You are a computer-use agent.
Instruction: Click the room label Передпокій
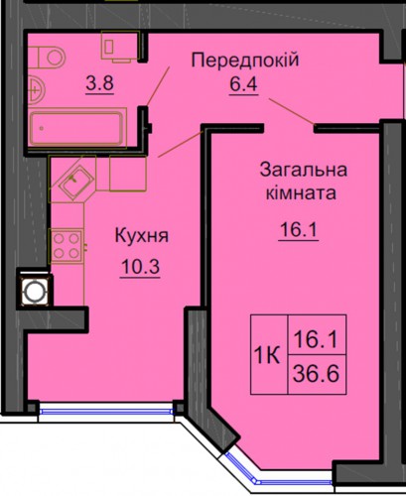point(245,61)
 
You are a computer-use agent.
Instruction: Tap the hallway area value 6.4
point(243,85)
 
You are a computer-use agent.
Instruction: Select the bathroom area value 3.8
point(100,83)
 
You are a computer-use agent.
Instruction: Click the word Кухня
point(142,236)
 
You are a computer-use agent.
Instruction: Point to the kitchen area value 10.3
point(140,267)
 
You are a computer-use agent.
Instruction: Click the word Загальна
point(304,170)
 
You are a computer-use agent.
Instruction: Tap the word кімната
point(301,193)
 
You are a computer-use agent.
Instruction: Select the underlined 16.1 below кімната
point(299,229)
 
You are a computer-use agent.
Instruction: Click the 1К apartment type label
point(267,356)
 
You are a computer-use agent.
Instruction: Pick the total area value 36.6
point(317,374)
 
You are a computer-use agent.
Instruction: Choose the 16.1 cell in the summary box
point(317,339)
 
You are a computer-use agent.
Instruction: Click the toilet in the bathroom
point(47,58)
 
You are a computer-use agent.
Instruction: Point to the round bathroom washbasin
point(36,88)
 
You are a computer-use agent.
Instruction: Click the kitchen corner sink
point(75,181)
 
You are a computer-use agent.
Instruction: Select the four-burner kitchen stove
point(66,246)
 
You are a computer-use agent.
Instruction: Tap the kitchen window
point(106,412)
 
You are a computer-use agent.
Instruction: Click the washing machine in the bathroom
point(120,46)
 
